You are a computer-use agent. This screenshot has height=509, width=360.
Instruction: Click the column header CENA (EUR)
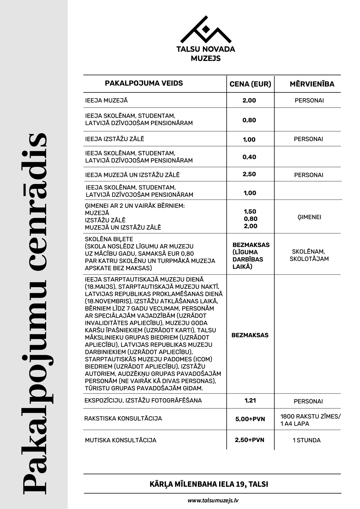point(250,84)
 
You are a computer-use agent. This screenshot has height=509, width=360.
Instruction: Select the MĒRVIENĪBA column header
point(312,84)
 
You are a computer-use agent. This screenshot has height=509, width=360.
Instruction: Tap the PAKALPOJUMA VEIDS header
point(144,83)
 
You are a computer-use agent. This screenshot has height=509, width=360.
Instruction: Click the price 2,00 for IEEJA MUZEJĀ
point(249,100)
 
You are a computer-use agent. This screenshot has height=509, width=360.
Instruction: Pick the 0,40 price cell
point(249,157)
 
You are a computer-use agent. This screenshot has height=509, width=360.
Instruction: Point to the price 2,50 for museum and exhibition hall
point(249,174)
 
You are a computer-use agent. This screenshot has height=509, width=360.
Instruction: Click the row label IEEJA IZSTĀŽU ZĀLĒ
point(115,139)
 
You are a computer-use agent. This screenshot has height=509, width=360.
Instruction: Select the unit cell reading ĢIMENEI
point(309,217)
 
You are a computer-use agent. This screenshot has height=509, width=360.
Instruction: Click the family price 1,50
point(250,212)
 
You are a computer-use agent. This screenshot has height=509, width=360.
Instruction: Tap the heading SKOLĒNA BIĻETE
point(109,239)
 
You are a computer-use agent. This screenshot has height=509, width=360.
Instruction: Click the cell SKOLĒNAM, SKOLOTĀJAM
point(309,255)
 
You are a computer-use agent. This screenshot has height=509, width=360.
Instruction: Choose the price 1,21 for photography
point(250,400)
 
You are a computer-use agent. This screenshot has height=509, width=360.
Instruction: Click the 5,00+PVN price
point(250,419)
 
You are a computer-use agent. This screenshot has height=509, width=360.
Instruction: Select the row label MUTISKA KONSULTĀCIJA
point(120,440)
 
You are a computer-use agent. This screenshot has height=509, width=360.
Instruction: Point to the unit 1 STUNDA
point(307,440)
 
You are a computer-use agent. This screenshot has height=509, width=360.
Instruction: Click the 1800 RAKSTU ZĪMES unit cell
point(310,420)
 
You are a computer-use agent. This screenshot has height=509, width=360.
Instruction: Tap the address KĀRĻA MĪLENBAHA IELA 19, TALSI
point(209,484)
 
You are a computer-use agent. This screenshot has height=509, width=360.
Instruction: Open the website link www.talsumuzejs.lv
point(213,500)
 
